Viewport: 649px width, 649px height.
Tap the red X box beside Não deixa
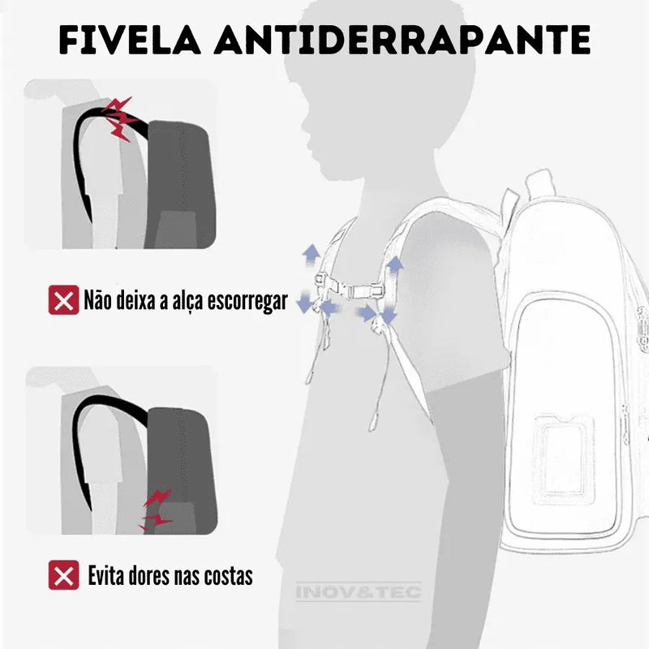pyautogui.click(x=63, y=301)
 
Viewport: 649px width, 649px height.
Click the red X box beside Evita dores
pyautogui.click(x=63, y=575)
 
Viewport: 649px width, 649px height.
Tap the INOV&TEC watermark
pyautogui.click(x=359, y=591)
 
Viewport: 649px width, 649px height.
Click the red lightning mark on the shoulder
pyautogui.click(x=119, y=118)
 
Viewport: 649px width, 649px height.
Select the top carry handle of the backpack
pyautogui.click(x=539, y=185)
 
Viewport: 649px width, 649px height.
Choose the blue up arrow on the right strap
pyautogui.click(x=394, y=264)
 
